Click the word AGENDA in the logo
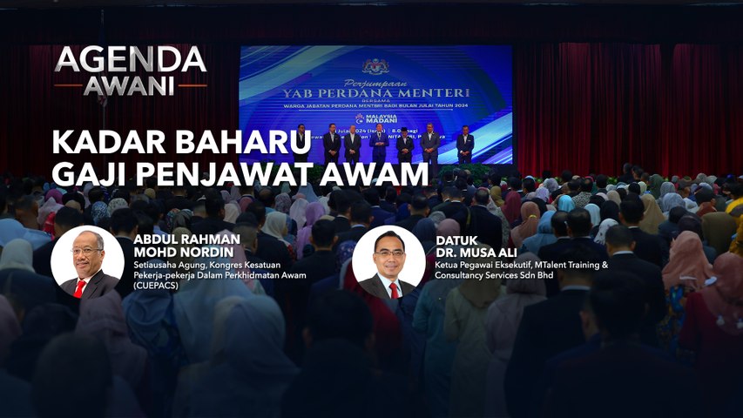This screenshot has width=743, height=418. pos(130,60)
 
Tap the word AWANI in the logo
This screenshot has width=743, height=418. pos(130,85)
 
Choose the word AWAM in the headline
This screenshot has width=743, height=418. pos(376,174)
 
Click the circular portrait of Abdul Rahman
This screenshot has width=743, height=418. pos(87,262)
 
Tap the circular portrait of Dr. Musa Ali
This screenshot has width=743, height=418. pos(388,262)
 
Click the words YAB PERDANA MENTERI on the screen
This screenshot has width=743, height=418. pos(375,92)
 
